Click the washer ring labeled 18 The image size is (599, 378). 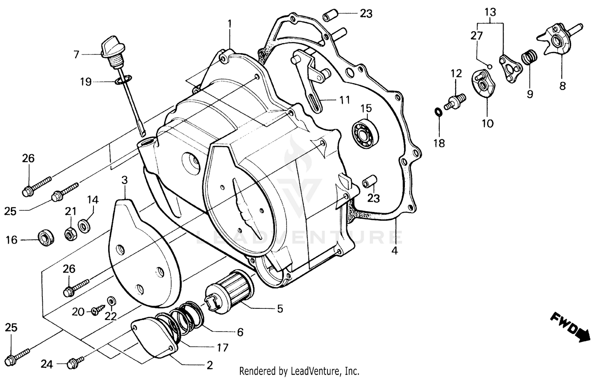438,112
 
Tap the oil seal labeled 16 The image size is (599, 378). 46,238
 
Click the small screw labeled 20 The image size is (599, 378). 97,310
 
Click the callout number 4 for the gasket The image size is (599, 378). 395,251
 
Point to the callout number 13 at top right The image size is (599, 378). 490,12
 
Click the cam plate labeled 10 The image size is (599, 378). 484,83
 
